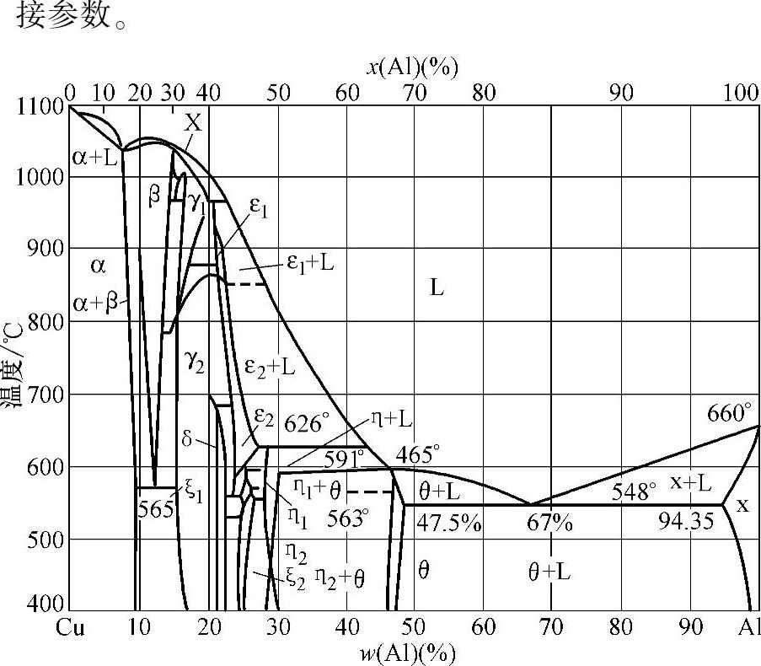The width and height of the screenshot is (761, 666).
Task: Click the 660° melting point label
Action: pyautogui.click(x=729, y=413)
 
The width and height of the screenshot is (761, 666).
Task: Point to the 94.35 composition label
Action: pyautogui.click(x=685, y=521)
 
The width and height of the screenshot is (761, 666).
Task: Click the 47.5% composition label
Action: pyautogui.click(x=449, y=523)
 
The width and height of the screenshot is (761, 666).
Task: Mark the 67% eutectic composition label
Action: pyautogui.click(x=549, y=523)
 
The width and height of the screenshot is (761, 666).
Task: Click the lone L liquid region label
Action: pyautogui.click(x=437, y=287)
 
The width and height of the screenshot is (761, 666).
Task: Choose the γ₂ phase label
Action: pyautogui.click(x=195, y=361)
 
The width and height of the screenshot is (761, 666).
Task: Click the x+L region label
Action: pyautogui.click(x=690, y=481)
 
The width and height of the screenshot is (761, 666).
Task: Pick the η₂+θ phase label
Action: pyautogui.click(x=339, y=577)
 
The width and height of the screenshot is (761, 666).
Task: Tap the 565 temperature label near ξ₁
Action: pyautogui.click(x=157, y=509)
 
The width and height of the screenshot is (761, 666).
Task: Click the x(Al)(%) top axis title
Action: pyautogui.click(x=411, y=67)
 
